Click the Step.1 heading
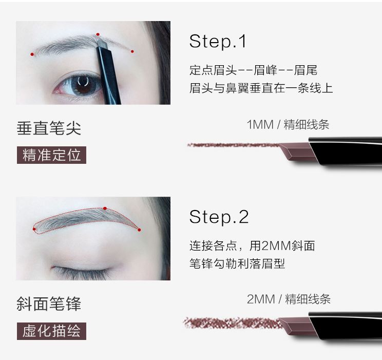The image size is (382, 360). tap(218, 42)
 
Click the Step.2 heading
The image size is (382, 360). tap(219, 217)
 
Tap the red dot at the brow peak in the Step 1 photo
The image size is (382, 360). tap(98, 34)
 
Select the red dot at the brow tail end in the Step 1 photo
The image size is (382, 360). tap(132, 51)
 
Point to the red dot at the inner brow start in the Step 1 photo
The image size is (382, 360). tap(32, 54)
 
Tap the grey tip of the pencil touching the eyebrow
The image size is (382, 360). tap(102, 44)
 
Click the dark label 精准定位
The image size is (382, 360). tap(51, 155)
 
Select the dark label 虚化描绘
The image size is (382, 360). tap(51, 331)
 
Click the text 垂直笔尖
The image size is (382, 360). tap(49, 128)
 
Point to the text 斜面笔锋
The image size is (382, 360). tap(49, 304)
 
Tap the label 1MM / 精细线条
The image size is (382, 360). tap(288, 125)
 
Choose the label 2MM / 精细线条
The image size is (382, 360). tap(289, 299)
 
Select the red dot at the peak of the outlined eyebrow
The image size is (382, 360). tap(105, 209)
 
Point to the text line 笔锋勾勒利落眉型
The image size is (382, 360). tap(237, 263)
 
